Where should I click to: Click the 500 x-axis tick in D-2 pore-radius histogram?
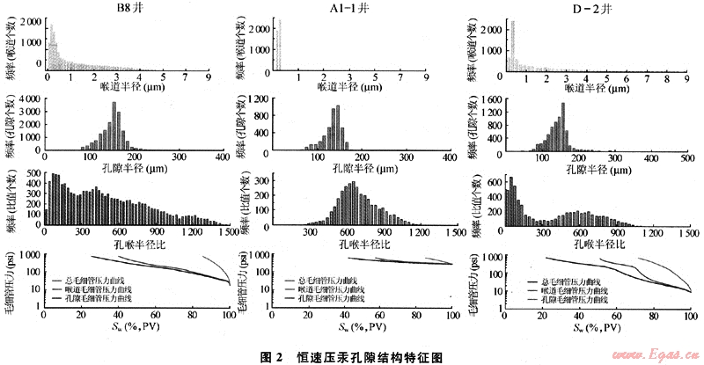pos(691,159)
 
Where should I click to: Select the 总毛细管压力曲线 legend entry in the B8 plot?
pos(99,281)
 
